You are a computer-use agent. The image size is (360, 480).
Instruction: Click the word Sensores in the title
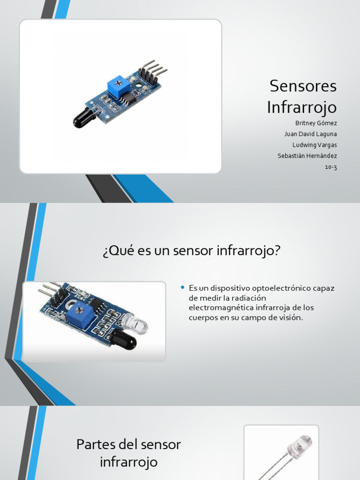click(x=303, y=86)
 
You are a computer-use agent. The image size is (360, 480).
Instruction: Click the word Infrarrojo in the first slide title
click(x=302, y=107)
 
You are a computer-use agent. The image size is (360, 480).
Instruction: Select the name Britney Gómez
click(x=316, y=123)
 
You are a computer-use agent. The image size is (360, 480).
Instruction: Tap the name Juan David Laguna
click(x=310, y=134)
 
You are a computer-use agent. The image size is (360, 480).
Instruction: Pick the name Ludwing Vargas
click(x=315, y=145)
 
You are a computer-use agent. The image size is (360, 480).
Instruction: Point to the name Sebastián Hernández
click(x=307, y=156)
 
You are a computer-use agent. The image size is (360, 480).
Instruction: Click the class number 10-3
click(x=331, y=167)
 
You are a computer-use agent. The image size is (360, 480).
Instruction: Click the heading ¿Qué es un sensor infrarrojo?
click(x=191, y=251)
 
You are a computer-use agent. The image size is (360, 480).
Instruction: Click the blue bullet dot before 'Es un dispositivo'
click(x=182, y=287)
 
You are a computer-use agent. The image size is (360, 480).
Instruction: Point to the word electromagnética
click(x=218, y=308)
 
